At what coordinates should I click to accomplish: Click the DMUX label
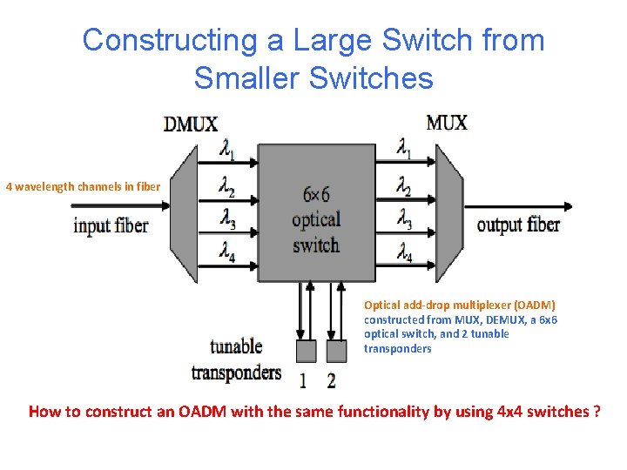click(191, 124)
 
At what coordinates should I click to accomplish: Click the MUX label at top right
click(447, 122)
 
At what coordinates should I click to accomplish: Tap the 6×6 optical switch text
click(316, 219)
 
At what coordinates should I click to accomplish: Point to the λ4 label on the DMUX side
click(226, 253)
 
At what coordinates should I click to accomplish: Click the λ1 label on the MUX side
click(404, 150)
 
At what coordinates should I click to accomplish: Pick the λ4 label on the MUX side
click(404, 253)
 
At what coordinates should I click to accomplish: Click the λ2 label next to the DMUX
click(226, 186)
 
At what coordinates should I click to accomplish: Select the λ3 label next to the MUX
click(404, 220)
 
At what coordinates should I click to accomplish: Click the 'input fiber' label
click(111, 225)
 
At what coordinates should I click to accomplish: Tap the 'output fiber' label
click(518, 225)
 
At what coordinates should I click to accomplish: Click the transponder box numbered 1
click(306, 351)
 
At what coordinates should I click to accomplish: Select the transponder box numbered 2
click(335, 351)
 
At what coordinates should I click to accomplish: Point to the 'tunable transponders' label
click(236, 359)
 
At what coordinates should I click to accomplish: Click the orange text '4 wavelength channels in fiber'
click(84, 185)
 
